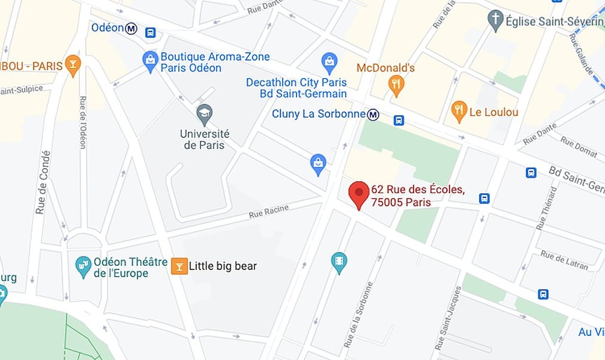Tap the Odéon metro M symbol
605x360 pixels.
coord(131,29)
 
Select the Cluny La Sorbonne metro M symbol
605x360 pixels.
coord(373,114)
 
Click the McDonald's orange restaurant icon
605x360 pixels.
coord(396,85)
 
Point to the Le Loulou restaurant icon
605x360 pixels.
coord(459,111)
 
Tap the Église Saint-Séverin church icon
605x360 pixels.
coord(495,20)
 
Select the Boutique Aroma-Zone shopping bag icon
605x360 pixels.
coord(150,61)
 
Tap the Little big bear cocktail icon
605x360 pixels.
coord(179,266)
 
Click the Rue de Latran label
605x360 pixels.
coord(564,260)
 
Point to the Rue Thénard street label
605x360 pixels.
coord(547,208)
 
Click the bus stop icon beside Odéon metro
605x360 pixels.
coord(150,33)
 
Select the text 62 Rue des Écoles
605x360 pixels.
coord(418,190)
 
